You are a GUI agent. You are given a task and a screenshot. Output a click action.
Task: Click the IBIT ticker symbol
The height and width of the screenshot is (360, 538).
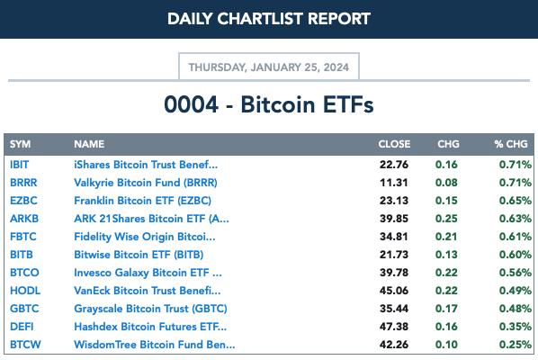click(x=19, y=165)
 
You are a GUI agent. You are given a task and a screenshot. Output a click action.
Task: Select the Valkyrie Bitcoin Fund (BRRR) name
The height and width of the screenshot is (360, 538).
click(x=146, y=183)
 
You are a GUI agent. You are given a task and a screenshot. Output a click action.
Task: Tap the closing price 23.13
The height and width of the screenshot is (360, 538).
click(x=394, y=201)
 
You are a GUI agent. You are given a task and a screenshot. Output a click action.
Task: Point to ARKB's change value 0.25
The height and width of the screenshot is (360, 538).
click(x=446, y=219)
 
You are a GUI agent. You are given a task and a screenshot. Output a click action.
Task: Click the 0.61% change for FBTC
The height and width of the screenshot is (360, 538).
click(x=515, y=237)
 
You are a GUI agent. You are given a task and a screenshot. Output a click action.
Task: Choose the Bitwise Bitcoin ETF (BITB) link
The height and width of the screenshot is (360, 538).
click(x=139, y=255)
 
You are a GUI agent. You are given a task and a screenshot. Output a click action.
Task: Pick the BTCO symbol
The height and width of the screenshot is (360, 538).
click(x=24, y=273)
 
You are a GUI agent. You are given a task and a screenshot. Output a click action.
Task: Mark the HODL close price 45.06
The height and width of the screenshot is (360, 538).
click(x=394, y=291)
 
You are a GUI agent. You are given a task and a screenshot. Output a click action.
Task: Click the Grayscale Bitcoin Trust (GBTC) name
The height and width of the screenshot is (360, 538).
click(x=150, y=309)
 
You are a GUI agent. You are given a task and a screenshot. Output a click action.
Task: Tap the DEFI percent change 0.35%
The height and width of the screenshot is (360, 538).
click(x=515, y=327)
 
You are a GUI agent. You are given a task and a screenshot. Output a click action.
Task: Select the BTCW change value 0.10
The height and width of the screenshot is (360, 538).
click(x=446, y=345)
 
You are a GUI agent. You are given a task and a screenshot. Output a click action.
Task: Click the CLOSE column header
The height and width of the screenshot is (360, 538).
click(x=394, y=144)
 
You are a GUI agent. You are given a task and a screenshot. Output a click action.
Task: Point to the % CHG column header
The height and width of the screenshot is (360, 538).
click(x=511, y=144)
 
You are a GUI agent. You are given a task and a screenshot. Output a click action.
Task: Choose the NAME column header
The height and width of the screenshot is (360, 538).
click(x=89, y=144)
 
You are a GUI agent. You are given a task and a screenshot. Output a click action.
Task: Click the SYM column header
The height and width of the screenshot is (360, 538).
click(x=21, y=144)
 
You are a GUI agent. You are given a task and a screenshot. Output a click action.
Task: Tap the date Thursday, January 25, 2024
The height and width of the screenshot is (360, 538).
click(x=269, y=67)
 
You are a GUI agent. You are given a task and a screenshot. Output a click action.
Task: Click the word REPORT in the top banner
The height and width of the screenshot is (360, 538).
click(x=339, y=19)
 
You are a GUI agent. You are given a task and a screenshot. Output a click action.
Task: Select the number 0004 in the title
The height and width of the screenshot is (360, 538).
click(x=191, y=104)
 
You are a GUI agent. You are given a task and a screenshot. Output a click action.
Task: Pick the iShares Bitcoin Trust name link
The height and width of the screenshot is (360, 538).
click(x=146, y=165)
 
